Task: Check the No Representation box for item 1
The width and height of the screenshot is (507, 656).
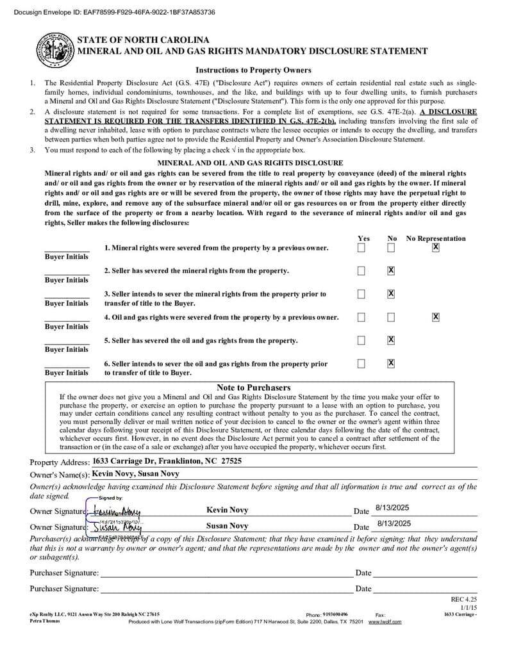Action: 436,247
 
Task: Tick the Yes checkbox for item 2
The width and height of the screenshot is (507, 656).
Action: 362,270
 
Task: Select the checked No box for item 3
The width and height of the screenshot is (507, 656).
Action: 391,293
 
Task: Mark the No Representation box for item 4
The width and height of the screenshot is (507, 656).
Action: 436,316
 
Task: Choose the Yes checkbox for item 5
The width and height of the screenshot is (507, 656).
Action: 362,340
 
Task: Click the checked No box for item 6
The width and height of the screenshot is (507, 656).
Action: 391,363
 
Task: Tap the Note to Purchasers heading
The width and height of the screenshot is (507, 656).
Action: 253,388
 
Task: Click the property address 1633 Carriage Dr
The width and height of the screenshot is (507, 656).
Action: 167,461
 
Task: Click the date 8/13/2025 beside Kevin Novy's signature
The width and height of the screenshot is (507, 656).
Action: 392,508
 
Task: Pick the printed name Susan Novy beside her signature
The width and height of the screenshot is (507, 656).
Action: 227,526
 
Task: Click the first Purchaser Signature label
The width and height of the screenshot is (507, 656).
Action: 64,573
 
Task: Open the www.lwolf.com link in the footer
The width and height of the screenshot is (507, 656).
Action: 385,622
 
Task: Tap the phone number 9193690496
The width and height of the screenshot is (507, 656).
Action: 335,614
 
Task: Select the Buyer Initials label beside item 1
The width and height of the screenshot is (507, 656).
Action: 67,257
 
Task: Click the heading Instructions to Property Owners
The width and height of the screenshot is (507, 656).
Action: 253,70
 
